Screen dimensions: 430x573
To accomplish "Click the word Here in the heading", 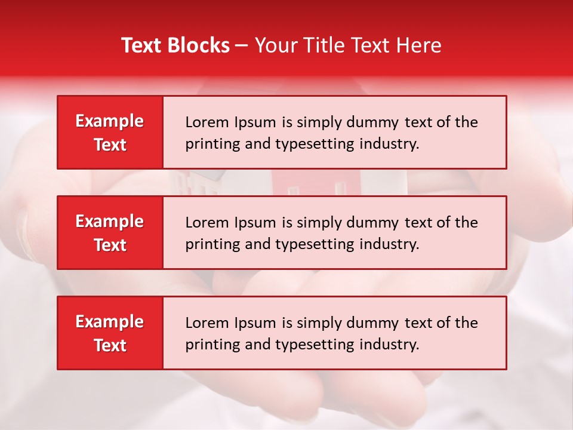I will click(421, 45).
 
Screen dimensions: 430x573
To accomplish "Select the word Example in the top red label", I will click(110, 121).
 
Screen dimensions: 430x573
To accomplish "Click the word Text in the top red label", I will click(110, 145).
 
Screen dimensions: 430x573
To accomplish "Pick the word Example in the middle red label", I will click(110, 222).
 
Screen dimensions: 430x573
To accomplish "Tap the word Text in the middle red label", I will click(110, 245).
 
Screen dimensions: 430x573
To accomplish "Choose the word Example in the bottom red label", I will click(110, 322).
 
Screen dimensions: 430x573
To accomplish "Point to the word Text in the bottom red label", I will click(110, 345).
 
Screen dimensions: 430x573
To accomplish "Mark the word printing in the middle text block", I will click(210, 244).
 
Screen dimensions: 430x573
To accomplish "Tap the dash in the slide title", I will click(242, 46).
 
